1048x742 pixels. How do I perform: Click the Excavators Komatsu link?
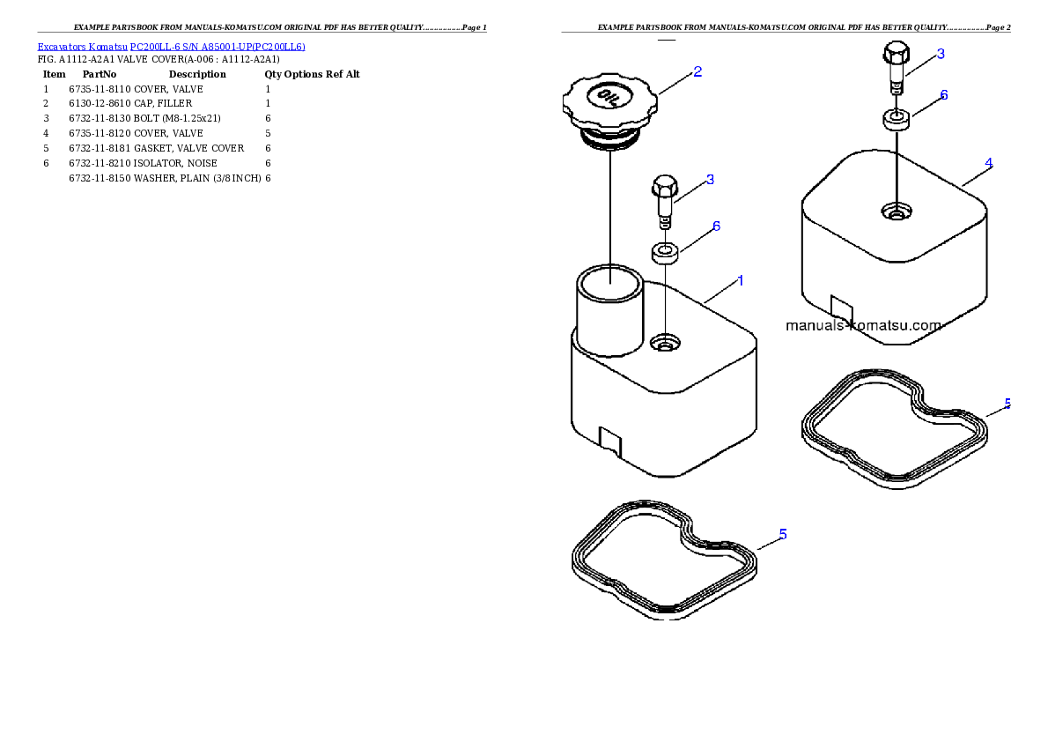(82, 47)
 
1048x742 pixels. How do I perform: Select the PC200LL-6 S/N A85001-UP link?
(218, 47)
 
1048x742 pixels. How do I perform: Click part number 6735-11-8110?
(100, 89)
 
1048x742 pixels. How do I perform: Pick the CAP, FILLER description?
(162, 104)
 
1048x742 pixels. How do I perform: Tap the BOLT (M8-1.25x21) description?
(177, 118)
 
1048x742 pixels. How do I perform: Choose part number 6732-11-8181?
(100, 149)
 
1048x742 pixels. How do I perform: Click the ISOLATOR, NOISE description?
(175, 163)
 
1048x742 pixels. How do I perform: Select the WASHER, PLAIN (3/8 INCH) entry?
(197, 179)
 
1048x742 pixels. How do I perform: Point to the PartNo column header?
(100, 74)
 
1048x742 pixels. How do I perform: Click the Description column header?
(197, 74)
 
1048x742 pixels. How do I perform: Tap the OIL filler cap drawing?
(609, 110)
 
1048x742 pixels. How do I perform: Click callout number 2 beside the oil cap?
(697, 71)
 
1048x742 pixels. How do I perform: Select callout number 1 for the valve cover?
(740, 281)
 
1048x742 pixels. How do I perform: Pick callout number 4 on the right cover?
(988, 162)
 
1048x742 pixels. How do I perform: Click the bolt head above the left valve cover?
(664, 186)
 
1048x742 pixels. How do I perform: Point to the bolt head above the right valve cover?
(897, 53)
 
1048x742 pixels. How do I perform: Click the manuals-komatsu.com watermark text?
(864, 326)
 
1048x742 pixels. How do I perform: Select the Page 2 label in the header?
(999, 27)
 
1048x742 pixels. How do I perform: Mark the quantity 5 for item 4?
(268, 134)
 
